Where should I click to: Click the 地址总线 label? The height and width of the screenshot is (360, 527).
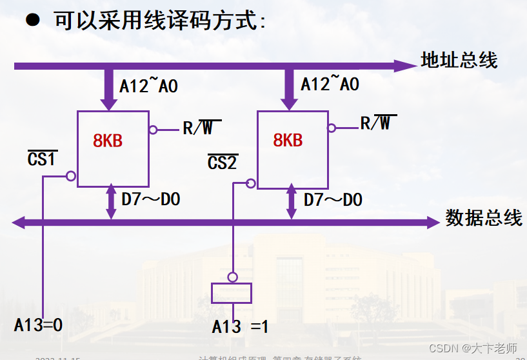[x=459, y=61]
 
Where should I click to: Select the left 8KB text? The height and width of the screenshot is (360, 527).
[x=108, y=141]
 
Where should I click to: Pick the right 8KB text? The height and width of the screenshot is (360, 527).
[x=288, y=140]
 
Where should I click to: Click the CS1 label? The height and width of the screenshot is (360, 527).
[x=43, y=158]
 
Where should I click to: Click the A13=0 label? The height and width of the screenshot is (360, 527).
[x=39, y=325]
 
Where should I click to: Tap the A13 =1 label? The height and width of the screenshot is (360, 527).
[x=240, y=327]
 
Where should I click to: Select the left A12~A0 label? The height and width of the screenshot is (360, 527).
[x=148, y=85]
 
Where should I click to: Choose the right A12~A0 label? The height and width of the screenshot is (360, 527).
[x=330, y=84]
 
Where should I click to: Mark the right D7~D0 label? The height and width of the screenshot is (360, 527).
[x=333, y=199]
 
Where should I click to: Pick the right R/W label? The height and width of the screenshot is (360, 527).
[x=378, y=123]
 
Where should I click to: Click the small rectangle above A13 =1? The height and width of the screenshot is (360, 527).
[x=231, y=292]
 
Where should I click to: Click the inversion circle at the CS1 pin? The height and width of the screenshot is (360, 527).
[x=71, y=175]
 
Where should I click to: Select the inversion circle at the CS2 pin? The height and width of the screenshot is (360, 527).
[x=252, y=183]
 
